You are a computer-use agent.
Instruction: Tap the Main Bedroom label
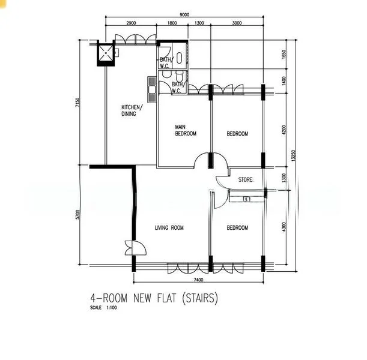(186, 130)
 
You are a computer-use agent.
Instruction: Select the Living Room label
(169, 228)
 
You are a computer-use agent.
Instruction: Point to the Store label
(246, 179)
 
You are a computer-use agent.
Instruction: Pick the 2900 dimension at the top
(131, 23)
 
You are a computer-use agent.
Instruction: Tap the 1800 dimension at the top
(172, 23)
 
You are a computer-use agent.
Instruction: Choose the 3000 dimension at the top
(237, 23)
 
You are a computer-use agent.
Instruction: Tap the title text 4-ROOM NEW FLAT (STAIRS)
(153, 298)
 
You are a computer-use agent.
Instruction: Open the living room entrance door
(131, 248)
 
